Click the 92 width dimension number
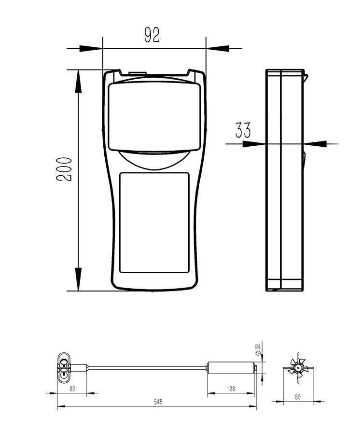click(x=152, y=35)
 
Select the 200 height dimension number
click(x=64, y=169)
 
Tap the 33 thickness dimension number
click(x=243, y=130)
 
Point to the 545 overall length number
click(x=158, y=402)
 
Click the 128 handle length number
click(x=231, y=389)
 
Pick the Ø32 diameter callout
click(x=258, y=349)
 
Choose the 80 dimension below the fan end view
click(x=298, y=397)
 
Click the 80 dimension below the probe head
click(x=72, y=389)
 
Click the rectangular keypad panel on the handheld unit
click(x=154, y=223)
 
